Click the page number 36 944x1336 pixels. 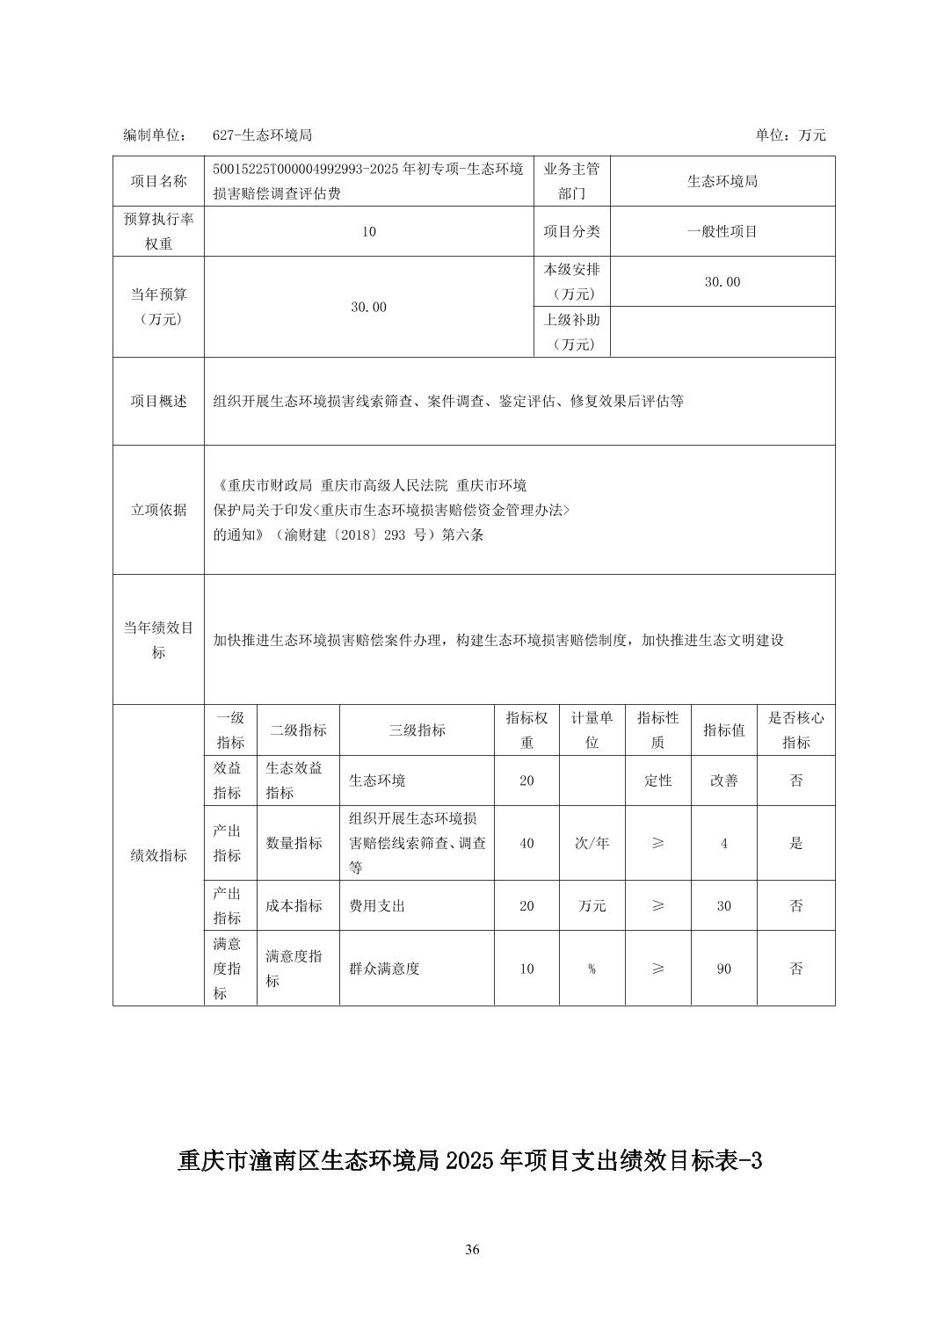click(472, 1250)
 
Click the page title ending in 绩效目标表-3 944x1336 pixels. click(469, 1161)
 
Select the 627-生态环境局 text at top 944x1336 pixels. click(262, 135)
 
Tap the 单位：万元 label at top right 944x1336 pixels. click(790, 135)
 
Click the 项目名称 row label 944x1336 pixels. click(158, 181)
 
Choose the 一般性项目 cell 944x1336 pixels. click(722, 232)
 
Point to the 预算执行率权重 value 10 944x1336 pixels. click(368, 232)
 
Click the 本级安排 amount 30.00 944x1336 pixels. click(722, 282)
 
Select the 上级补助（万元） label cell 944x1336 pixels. click(571, 332)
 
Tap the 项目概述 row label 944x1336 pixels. click(158, 401)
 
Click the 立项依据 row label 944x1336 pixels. click(158, 510)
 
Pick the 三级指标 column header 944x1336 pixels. click(417, 730)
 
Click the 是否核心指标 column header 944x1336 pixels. click(795, 730)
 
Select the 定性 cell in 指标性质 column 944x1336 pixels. click(657, 781)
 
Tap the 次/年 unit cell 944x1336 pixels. click(592, 843)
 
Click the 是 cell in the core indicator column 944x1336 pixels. click(795, 843)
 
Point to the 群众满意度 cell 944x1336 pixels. click(384, 969)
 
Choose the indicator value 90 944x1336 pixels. click(723, 969)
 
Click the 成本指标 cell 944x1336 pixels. click(294, 906)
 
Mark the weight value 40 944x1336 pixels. click(526, 843)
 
